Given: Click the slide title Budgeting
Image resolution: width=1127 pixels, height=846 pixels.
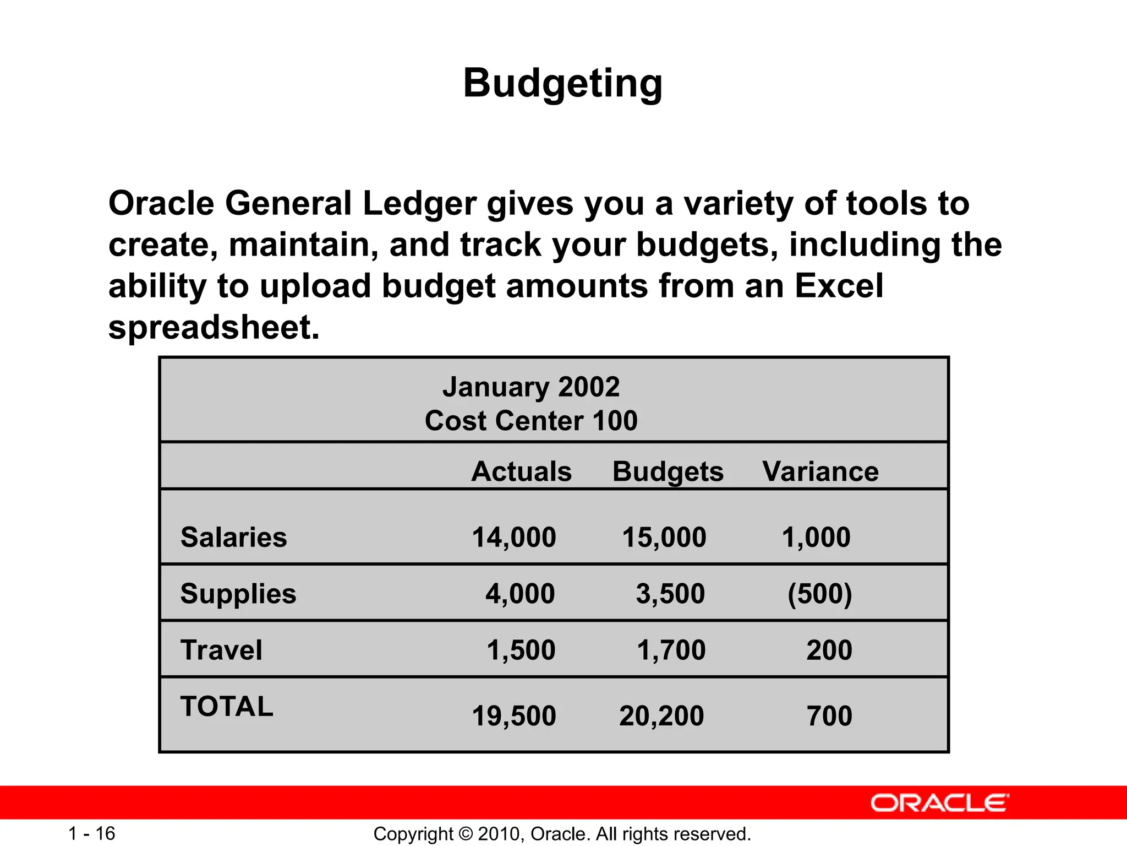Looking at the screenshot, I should (x=563, y=84).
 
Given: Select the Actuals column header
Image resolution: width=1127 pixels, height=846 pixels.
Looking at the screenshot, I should (x=521, y=471).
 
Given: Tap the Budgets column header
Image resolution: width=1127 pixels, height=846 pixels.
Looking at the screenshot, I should (x=668, y=471).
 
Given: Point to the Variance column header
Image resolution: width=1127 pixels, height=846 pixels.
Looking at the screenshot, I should (x=820, y=471).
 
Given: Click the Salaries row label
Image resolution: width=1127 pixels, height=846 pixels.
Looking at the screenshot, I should (x=233, y=537).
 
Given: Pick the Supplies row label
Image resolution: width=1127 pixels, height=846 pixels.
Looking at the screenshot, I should (x=238, y=594).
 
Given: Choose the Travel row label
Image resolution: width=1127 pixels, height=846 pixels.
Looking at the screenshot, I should (x=221, y=650).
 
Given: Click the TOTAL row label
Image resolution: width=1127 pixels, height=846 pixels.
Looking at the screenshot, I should (x=227, y=706).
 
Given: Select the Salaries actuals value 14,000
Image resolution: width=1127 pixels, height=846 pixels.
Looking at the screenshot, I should (x=514, y=537).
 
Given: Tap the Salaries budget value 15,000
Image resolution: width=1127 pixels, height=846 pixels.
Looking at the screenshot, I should (x=664, y=537).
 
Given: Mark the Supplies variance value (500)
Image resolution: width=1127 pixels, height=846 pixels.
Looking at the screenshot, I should (x=819, y=594).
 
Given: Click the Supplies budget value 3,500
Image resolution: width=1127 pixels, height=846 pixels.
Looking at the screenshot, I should (x=670, y=594).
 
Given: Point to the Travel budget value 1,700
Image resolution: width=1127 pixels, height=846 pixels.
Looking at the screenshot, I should (x=671, y=650).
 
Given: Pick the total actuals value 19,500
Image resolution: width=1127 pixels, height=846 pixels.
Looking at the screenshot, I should (x=514, y=716).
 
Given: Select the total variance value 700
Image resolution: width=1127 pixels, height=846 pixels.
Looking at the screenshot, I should (x=829, y=716).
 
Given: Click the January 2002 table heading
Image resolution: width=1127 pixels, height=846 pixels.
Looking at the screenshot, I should (x=531, y=387).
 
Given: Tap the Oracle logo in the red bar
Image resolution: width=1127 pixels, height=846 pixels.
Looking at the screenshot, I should (x=939, y=803).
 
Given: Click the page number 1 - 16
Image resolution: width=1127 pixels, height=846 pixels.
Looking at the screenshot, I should (x=91, y=833).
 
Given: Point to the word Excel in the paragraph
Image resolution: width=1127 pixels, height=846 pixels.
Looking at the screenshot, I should (x=839, y=286).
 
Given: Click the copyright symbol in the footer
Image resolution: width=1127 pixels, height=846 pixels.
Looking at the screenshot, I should (x=465, y=834).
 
